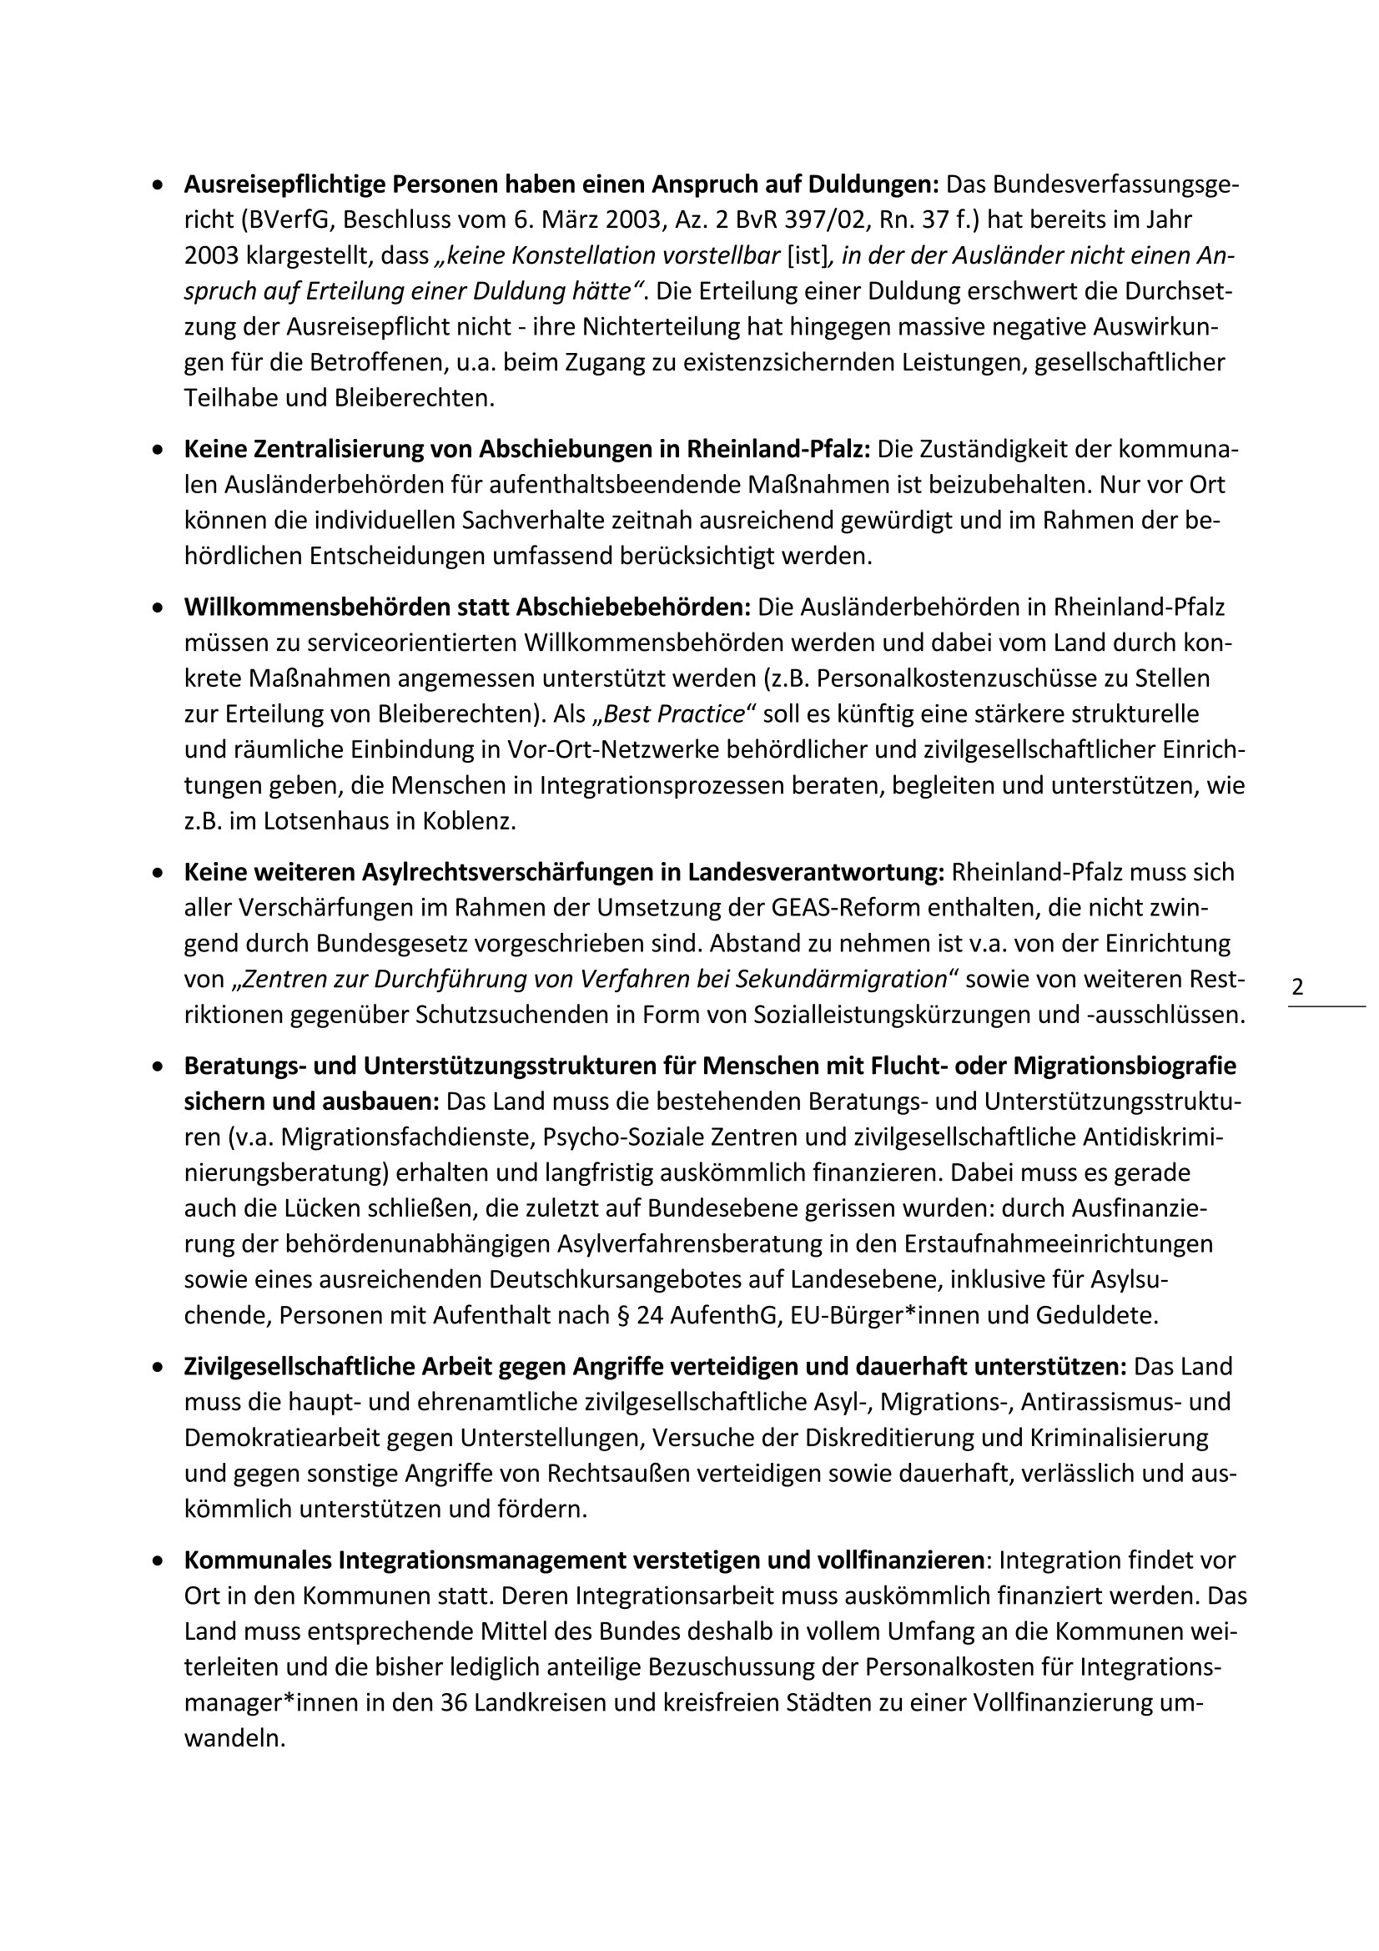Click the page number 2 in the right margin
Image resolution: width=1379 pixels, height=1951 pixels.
[1297, 987]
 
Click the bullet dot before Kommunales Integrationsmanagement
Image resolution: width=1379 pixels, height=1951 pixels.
[157, 1561]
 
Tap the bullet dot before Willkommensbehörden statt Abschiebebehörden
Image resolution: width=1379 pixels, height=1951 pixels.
[157, 608]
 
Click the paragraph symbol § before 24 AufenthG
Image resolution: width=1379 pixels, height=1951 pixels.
[626, 1315]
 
